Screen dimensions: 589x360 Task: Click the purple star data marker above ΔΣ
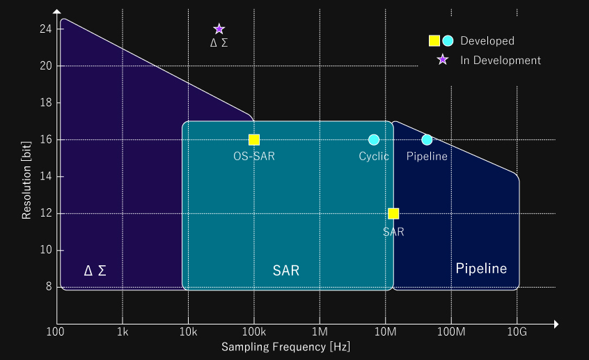tap(219, 29)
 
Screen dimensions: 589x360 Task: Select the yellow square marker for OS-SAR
tap(254, 140)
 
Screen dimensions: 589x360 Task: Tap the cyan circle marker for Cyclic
tap(374, 140)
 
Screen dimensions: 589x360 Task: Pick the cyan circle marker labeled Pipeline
tap(427, 140)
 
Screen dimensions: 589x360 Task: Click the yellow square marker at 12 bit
tap(393, 214)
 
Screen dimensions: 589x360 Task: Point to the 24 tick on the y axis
tap(46, 29)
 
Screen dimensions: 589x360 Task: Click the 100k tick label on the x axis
tap(254, 332)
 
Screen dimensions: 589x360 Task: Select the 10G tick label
tap(517, 332)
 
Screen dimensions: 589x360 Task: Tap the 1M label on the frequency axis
tap(320, 332)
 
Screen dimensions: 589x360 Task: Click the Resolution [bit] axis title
tap(26, 180)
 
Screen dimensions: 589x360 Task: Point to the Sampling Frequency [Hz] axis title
tap(285, 347)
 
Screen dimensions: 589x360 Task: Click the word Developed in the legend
tap(487, 40)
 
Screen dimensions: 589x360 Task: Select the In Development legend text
tap(501, 60)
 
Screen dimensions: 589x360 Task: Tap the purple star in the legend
tap(443, 59)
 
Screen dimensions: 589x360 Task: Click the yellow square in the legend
tap(434, 40)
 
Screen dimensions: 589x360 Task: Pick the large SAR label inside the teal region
tap(286, 271)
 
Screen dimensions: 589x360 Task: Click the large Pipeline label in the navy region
tap(481, 268)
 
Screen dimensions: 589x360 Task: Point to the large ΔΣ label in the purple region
tap(95, 271)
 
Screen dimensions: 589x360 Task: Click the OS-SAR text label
tap(254, 156)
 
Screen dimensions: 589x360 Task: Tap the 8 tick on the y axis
tap(49, 287)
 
